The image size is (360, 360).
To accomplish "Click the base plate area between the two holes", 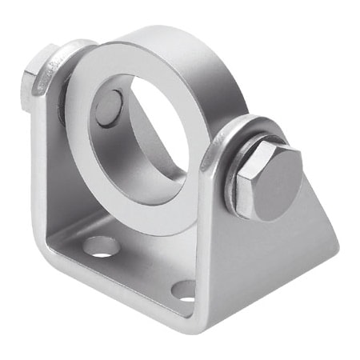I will (x=140, y=268).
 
